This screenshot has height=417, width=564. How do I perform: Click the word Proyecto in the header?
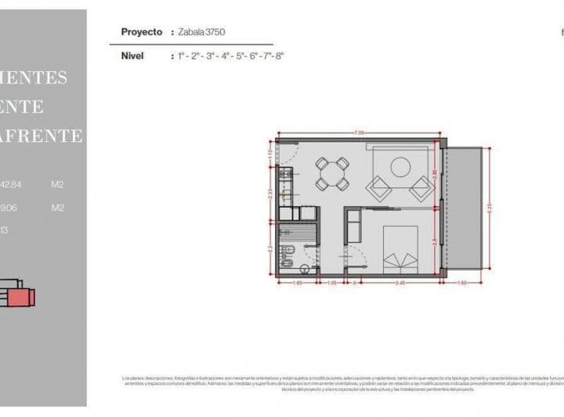(142, 32)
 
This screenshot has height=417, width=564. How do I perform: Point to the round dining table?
(332, 173)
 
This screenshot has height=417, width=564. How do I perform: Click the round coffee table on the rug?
(400, 166)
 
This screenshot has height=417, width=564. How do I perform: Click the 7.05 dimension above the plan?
(360, 133)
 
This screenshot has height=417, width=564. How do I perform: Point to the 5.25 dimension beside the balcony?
(490, 208)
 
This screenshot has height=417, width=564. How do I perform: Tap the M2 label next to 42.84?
(57, 185)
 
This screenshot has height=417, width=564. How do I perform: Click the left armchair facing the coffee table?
(381, 188)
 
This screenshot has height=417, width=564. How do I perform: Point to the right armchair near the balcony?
(421, 188)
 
